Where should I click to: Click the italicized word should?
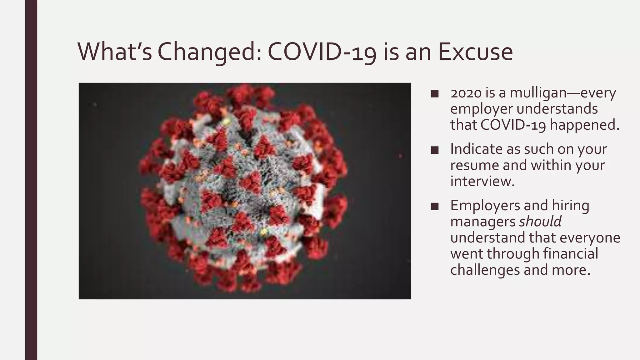tap(540, 222)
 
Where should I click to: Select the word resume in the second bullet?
tap(474, 165)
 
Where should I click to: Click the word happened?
tap(584, 125)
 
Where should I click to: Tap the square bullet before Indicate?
tap(434, 150)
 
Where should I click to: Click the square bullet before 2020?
tap(434, 94)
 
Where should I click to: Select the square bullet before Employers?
tap(434, 207)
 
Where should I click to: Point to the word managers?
tap(482, 222)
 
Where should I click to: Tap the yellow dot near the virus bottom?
tap(263, 232)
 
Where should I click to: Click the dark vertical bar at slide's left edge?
tap(31, 180)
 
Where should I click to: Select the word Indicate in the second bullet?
tap(476, 149)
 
